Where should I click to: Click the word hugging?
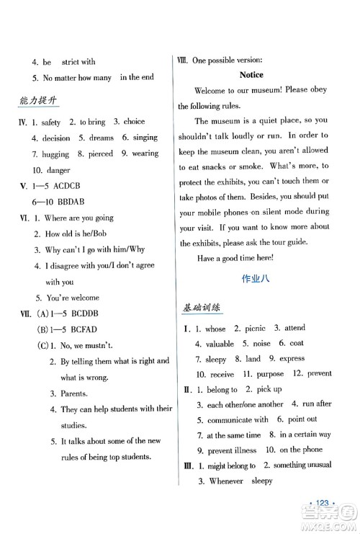coord(55,154)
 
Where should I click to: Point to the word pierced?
coord(99,154)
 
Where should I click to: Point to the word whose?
coord(215,329)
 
